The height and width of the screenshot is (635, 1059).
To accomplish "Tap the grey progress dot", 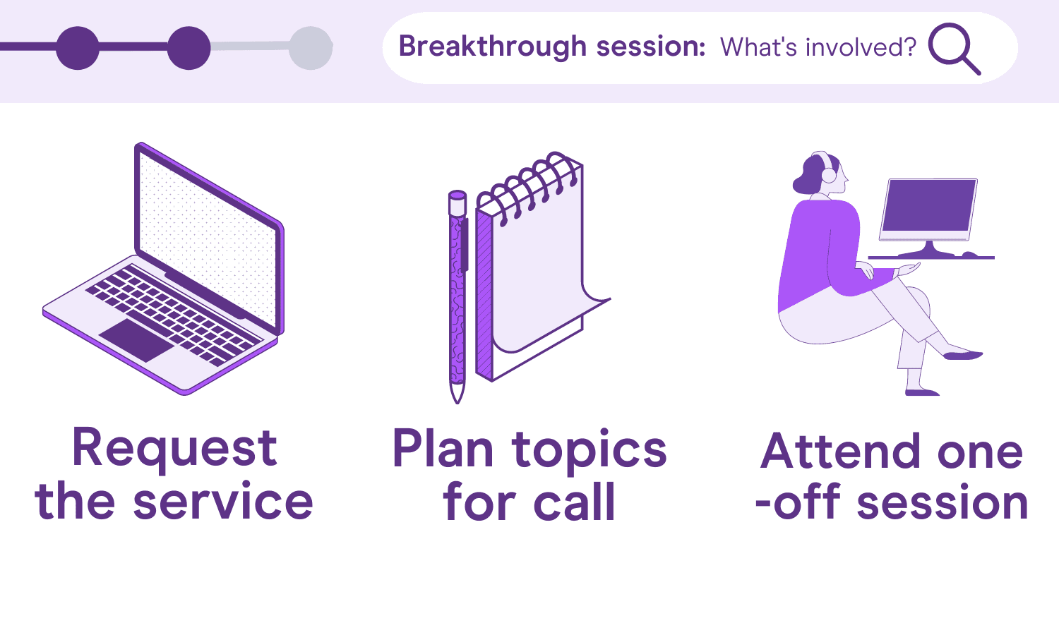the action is [x=311, y=48].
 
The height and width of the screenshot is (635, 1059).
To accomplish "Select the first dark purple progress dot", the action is [x=78, y=48].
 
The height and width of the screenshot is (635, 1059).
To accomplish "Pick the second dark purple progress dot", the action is [x=189, y=48].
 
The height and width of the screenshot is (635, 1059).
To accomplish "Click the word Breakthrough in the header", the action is [x=493, y=47].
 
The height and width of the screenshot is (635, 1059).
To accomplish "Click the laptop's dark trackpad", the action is [x=137, y=340].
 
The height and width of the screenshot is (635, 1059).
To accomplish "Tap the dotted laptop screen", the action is [x=208, y=238].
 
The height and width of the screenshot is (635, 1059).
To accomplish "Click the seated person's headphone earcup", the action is [x=829, y=175].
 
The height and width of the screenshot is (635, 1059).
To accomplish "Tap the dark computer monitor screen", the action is [x=930, y=206].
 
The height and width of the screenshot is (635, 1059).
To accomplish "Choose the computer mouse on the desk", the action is [x=970, y=255].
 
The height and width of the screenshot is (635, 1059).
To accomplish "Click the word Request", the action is [x=174, y=449].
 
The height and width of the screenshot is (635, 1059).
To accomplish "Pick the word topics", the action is [x=589, y=452].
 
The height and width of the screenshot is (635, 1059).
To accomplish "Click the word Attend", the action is [x=840, y=452].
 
